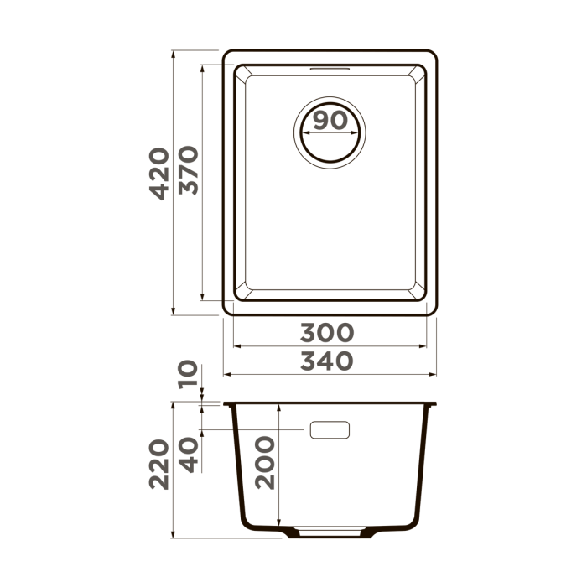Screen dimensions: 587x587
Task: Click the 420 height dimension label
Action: point(158,173)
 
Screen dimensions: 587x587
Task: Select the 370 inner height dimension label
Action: point(188,173)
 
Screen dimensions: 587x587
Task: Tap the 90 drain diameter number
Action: point(329,121)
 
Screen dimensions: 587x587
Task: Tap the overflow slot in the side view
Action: point(330,430)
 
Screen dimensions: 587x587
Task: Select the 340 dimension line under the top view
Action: point(330,374)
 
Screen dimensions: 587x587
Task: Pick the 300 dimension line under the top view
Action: point(330,345)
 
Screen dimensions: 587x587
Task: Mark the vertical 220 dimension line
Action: point(172,503)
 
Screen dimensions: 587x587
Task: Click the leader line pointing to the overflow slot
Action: point(252,430)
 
